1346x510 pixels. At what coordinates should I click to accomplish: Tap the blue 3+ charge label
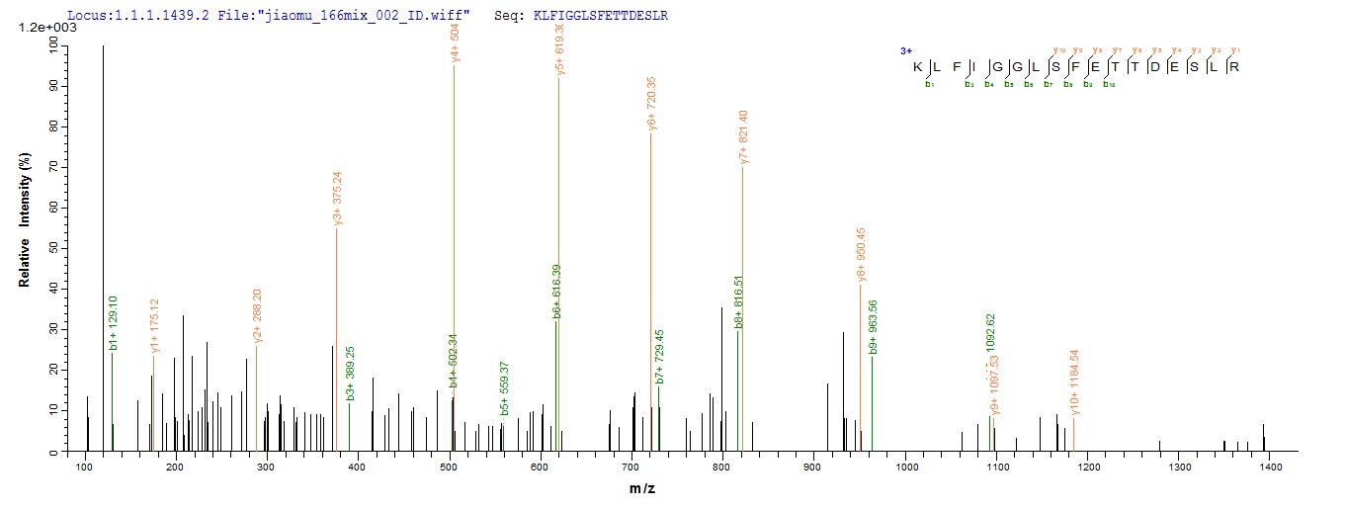point(905,50)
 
